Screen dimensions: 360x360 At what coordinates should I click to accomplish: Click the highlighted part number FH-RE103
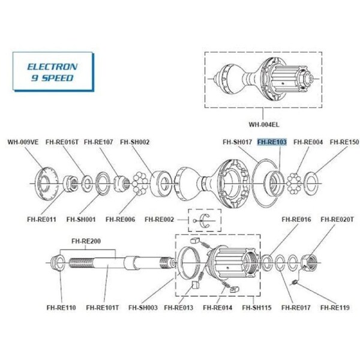pos(272,142)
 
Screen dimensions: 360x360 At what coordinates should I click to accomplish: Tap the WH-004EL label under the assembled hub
pos(264,124)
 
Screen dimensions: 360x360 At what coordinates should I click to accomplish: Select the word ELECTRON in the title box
pos(52,67)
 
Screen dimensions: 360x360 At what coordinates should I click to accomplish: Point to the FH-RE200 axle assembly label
pos(86,241)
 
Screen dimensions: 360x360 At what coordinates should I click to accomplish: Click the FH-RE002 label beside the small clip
pos(160,220)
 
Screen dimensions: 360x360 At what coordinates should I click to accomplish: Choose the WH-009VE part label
pos(23,142)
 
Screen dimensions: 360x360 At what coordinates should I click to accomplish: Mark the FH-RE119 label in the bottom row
pos(335,307)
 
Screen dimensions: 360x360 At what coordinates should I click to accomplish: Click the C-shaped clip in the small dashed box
pos(205,221)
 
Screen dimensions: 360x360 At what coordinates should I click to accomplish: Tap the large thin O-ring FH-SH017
pos(266,179)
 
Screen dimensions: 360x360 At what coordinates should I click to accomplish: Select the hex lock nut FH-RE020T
pos(309,263)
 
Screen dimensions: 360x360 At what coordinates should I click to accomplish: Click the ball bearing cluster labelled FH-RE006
pos(140,184)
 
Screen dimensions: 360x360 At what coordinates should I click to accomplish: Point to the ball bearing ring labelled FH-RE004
pos(294,184)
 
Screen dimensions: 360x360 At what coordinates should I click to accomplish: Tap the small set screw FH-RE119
pos(295,282)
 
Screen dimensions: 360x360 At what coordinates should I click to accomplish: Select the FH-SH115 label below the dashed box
pos(257,307)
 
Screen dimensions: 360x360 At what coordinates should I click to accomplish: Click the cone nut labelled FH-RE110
pos(58,263)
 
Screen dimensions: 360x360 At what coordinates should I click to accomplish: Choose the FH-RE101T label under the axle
pos(103,307)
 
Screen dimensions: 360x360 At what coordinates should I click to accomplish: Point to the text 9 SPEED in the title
pos(52,78)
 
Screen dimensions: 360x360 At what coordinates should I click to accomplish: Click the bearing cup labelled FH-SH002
pos(161,184)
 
